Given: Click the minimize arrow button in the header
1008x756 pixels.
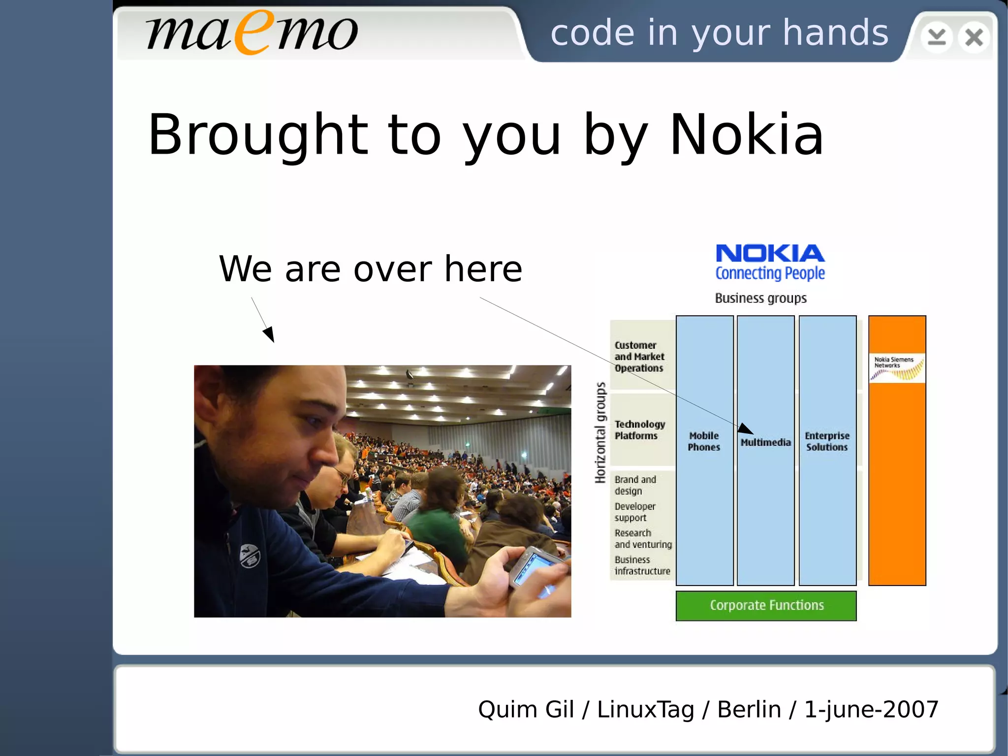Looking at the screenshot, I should pos(936,37).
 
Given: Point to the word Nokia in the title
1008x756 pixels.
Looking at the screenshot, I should pos(746,134).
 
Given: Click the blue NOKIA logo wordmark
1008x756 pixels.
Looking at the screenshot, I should pos(770,254).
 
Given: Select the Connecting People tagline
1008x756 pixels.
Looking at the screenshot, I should pos(770,273).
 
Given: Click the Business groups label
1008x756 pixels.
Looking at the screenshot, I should pos(760,298).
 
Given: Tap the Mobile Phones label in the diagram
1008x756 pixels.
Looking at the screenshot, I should pos(704,441).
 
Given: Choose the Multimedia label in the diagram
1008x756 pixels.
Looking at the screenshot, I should pos(766,443).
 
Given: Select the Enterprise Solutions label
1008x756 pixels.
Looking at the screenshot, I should pos(827,441).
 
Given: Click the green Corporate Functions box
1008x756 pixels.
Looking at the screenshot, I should pos(766,605).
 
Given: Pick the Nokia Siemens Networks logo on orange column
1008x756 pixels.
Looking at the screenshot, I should pos(897,368).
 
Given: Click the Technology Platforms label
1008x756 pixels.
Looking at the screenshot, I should pos(639,430).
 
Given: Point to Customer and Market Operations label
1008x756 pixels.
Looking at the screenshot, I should pos(639,357).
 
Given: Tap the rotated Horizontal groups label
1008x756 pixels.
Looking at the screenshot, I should pos(600,433).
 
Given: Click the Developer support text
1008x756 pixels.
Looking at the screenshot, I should pos(635,512).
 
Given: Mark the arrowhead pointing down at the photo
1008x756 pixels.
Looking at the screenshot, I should pos(269,334).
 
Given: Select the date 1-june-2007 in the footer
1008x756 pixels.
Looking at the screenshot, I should pos(871,710).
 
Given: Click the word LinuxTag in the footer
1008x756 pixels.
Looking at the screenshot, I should pos(645,710).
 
